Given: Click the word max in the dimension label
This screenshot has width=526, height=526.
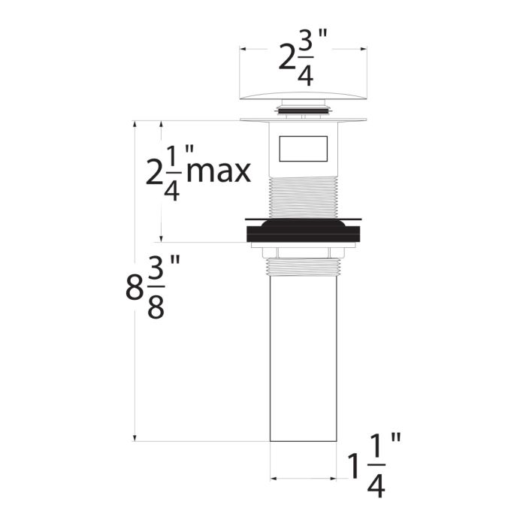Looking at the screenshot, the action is tap(219, 172).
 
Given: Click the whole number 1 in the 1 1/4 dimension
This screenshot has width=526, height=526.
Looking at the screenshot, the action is tap(354, 467).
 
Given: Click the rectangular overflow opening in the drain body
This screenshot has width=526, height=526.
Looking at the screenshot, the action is tap(304, 149).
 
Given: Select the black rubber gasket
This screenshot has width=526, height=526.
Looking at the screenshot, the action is tap(304, 230).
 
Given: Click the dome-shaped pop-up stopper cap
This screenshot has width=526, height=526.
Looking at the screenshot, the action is tap(304, 95).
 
